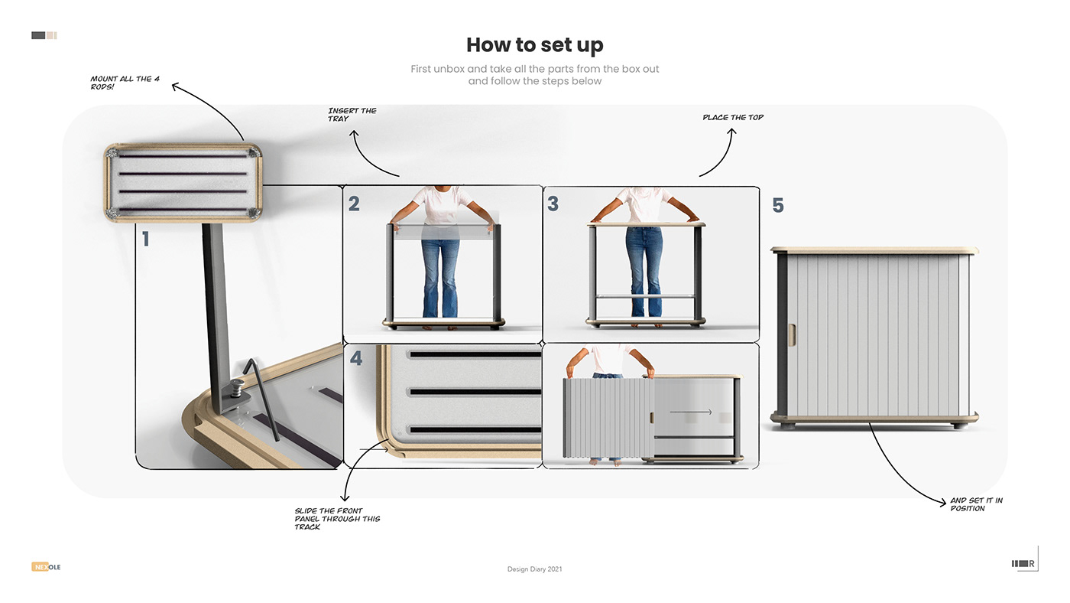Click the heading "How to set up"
coord(534,45)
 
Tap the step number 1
coord(145,240)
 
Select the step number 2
coord(354,204)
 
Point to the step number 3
coord(553,204)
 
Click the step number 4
coord(355,358)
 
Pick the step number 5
coord(778,206)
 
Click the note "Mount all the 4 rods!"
coord(125,83)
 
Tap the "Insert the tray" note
coord(352,115)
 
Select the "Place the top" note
coord(733,118)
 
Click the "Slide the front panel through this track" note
coord(337,519)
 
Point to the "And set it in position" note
coord(976,504)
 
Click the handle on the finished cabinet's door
coord(792,334)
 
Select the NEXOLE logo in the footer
coord(46,567)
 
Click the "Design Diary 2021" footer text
coord(534,569)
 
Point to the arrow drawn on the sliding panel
coord(690,412)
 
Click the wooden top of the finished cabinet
coord(874,250)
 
